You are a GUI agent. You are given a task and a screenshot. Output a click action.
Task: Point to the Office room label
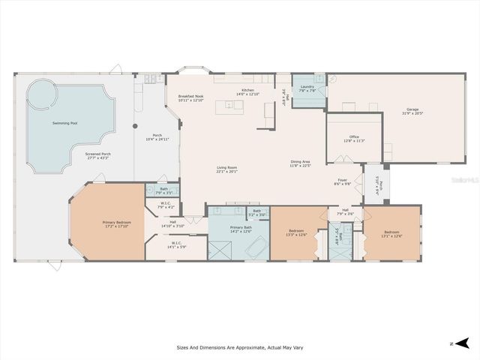click(x=354, y=139)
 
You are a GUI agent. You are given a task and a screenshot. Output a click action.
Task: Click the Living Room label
click(x=227, y=169)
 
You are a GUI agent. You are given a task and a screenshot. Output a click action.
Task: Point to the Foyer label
click(x=343, y=181)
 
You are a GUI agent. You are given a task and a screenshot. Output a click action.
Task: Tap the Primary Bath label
click(x=241, y=229)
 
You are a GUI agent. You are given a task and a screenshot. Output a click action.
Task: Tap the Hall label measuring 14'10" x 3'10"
click(x=172, y=223)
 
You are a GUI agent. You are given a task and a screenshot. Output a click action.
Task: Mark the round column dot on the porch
click(x=135, y=126)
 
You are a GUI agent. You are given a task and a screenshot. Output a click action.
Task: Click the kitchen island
click(x=229, y=106)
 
